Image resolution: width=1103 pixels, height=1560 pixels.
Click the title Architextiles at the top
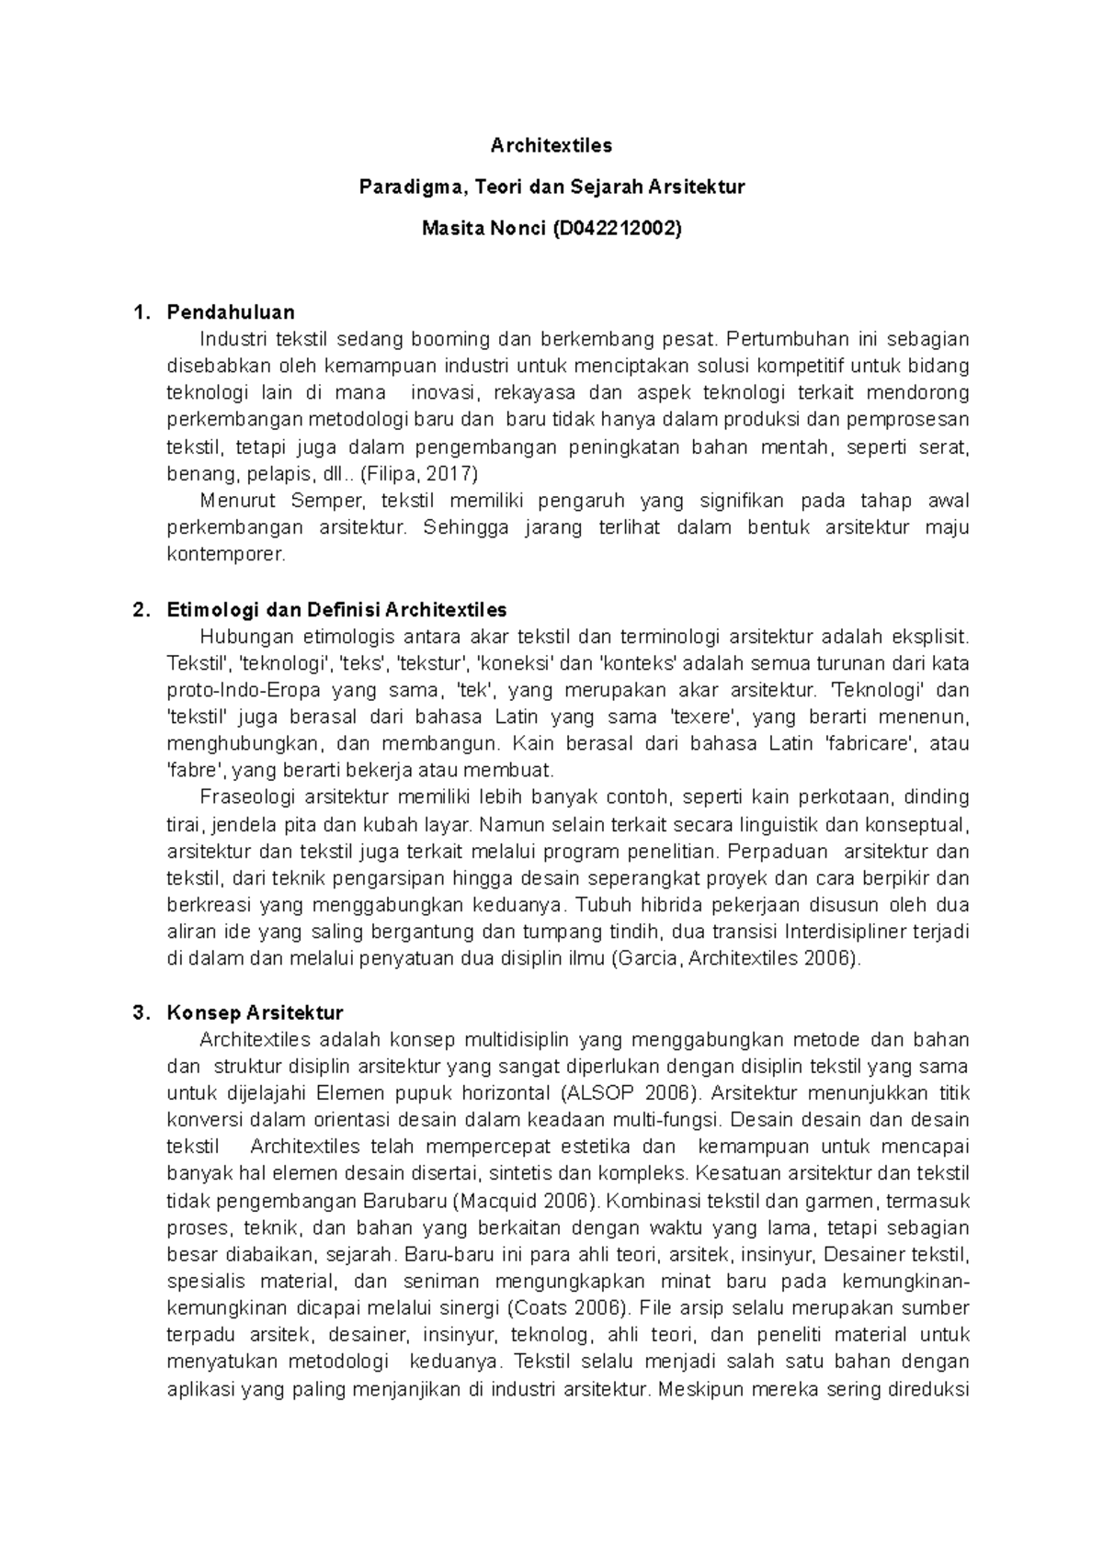pos(551,145)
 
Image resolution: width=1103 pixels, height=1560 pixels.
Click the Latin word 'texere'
pos(702,717)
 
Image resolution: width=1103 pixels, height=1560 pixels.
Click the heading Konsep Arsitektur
pos(255,1013)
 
